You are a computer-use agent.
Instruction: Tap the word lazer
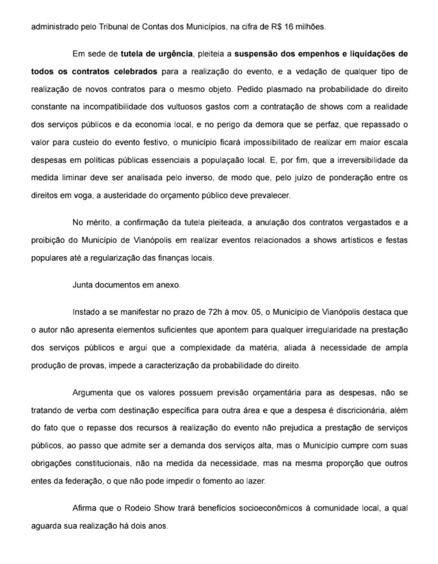[254, 480]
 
